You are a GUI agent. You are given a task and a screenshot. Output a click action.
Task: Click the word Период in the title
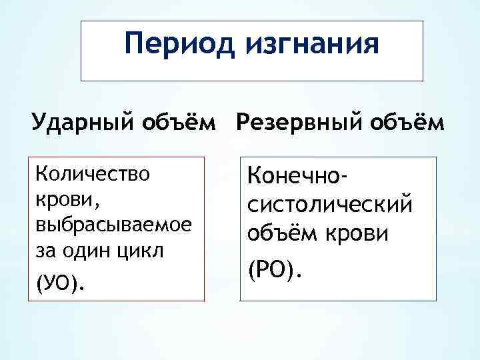171,45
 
